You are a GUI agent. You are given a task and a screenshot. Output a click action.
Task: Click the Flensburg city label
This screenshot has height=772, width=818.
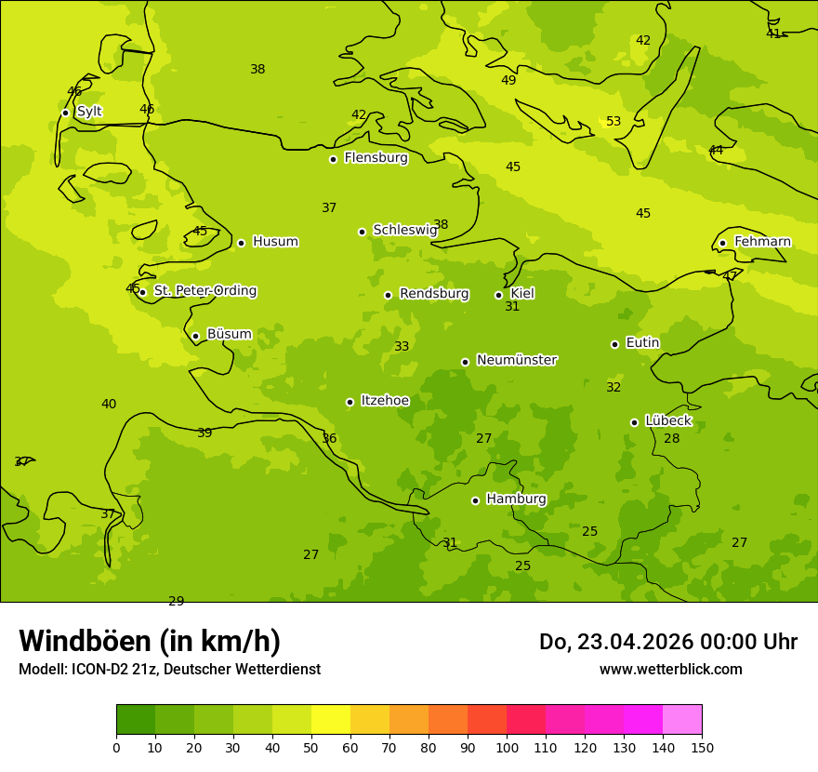pos(376,158)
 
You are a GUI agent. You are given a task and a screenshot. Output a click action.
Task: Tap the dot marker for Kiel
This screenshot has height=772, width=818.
pos(498,295)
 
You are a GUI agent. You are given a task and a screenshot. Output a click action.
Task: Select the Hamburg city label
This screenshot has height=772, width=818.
pos(516,499)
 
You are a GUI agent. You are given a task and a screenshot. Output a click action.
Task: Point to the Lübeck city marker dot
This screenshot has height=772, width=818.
pos(634,422)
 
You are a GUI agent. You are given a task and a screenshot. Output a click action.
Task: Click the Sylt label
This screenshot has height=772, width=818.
pos(89,112)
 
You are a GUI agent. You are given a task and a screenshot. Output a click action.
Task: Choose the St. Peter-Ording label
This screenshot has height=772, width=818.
pos(204,291)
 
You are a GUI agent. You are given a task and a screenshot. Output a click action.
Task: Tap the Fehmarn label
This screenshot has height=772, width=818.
pos(762,242)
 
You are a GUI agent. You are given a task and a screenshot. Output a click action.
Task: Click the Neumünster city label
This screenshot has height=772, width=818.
pos(516,360)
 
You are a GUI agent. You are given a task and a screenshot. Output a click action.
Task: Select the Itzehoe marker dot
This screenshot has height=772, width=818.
pos(350,402)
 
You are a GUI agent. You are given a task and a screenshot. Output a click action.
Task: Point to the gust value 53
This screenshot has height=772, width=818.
pos(613,122)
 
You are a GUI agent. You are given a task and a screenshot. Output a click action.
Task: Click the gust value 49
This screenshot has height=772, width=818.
pos(508,81)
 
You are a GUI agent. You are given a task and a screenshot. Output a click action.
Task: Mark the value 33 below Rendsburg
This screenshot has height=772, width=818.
pos(402,347)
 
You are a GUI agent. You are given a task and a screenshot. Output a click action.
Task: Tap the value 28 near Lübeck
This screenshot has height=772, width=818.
pos(671,439)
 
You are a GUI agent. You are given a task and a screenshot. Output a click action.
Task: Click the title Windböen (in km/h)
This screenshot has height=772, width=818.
pos(150,641)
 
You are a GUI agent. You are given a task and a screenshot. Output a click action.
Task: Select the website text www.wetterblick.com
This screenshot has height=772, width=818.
pos(670,669)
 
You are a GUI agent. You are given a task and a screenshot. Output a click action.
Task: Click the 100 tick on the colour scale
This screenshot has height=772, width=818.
pos(507,747)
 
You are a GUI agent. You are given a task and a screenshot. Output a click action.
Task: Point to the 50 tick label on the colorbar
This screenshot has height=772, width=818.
pos(311,747)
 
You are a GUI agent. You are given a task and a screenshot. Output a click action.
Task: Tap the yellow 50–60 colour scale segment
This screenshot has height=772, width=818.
pos(331,720)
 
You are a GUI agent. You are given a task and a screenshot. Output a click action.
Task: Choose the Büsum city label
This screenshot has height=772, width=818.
pos(229,334)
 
